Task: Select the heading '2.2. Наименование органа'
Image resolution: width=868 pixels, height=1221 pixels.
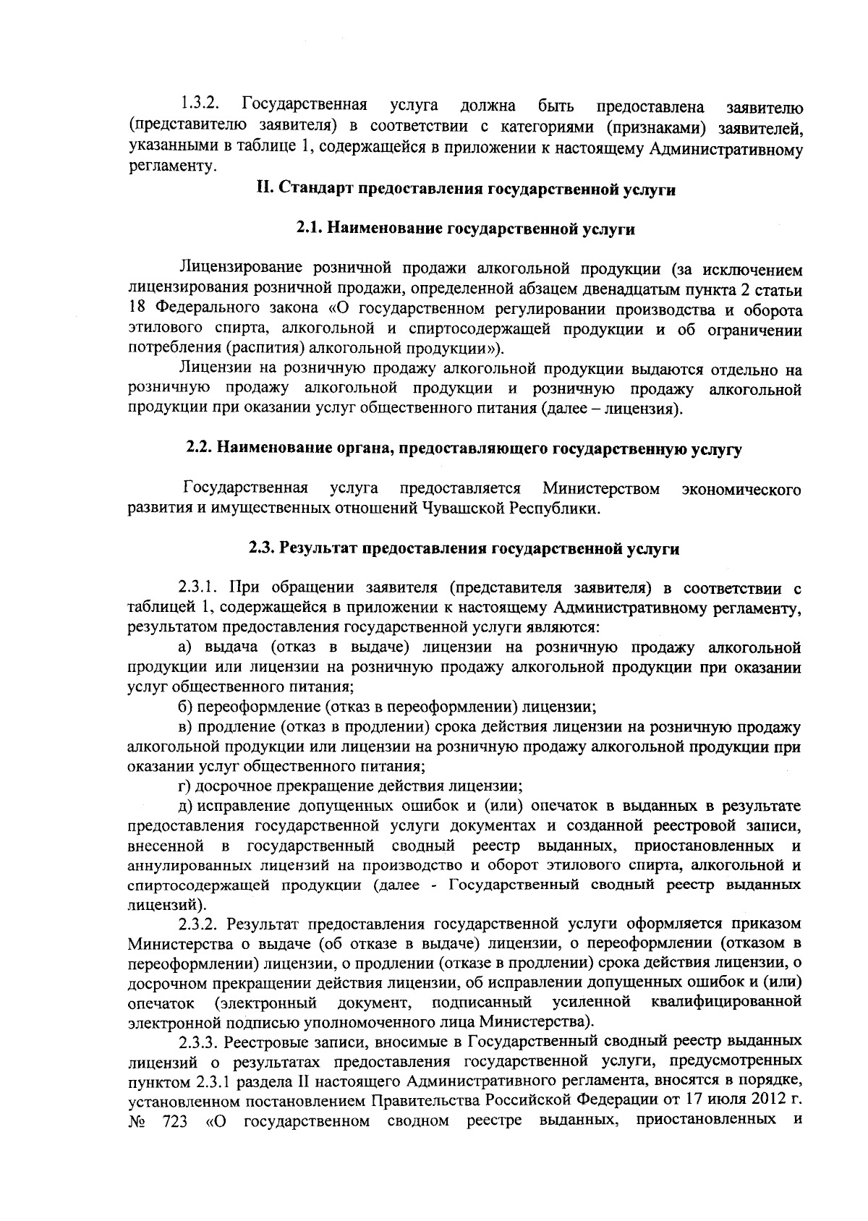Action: (464, 448)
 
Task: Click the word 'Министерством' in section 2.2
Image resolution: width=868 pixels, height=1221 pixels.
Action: (601, 489)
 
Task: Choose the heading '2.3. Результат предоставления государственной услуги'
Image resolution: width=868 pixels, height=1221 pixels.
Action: (464, 549)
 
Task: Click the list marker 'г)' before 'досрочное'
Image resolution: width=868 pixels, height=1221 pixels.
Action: (186, 786)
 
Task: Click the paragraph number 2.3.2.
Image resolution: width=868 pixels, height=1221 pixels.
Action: (202, 924)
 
